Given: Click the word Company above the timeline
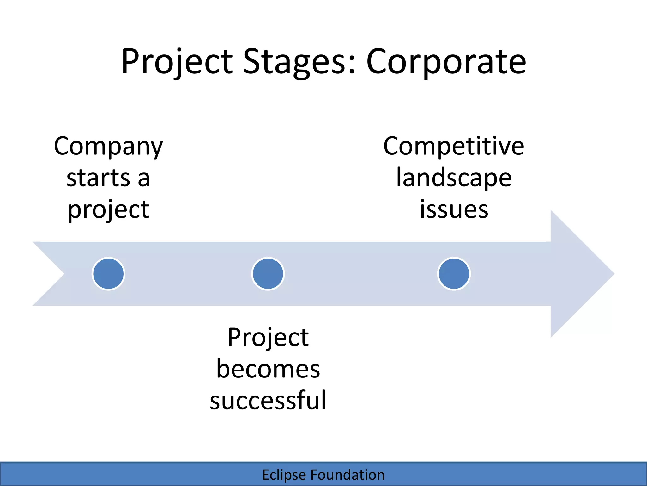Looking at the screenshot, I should [108, 147].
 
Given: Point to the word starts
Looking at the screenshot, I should [98, 178].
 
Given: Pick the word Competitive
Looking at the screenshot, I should [454, 146].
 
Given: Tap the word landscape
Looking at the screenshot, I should [454, 178].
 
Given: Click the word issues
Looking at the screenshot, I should [454, 209].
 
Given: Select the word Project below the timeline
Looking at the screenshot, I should [268, 338].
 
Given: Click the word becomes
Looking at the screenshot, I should [268, 369].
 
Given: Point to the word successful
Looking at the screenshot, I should [268, 400].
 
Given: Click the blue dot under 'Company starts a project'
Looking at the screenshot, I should [108, 274].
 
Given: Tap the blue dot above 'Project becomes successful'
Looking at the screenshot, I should [268, 274].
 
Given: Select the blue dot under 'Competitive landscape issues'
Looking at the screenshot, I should [454, 274].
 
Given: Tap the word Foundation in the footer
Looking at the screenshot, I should [348, 475].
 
